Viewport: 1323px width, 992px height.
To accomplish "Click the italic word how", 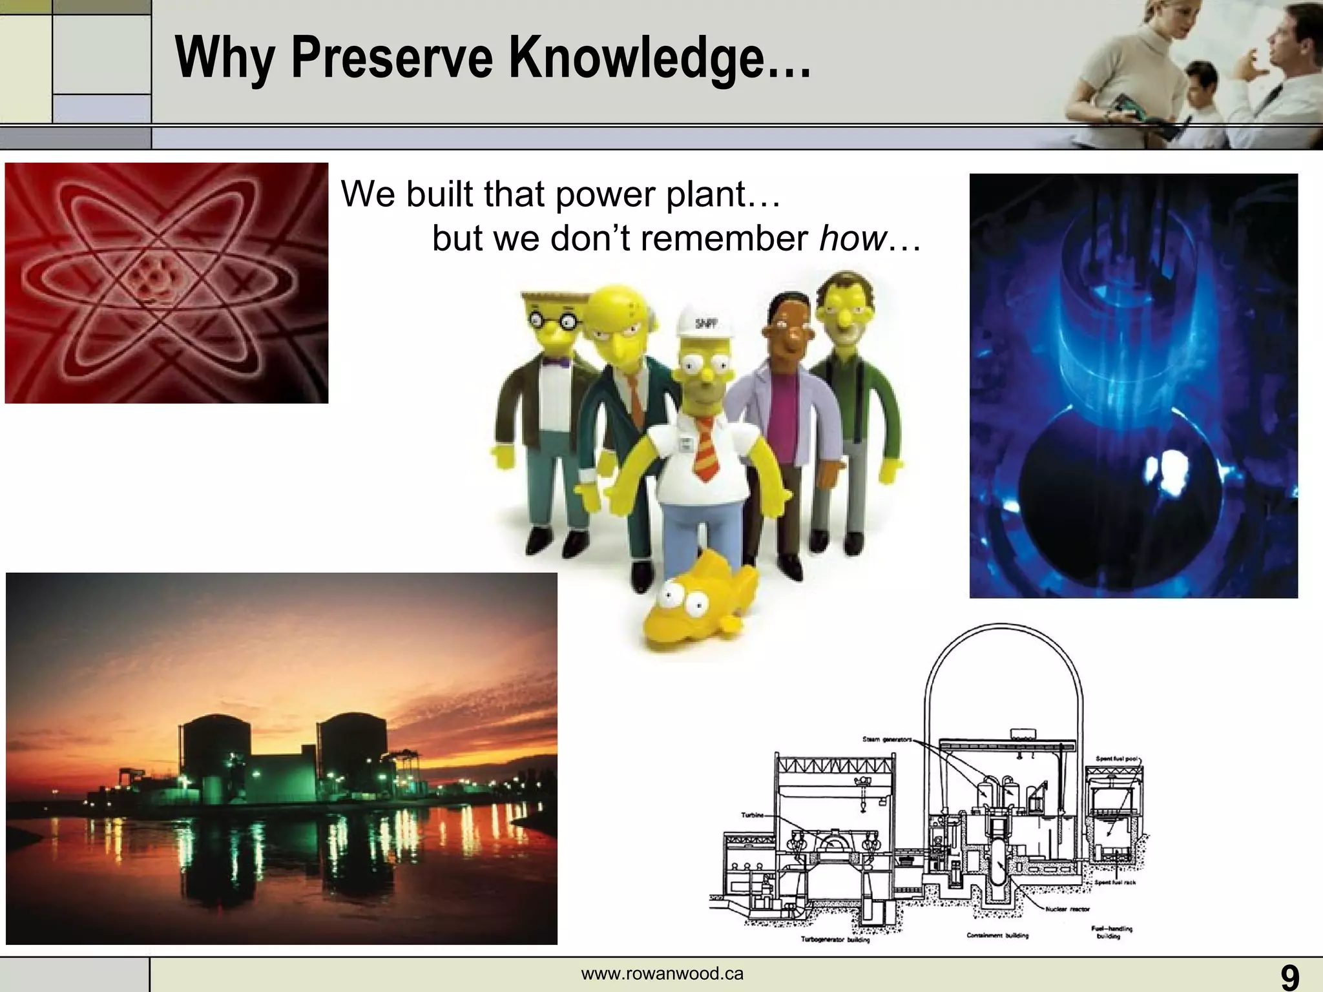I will (x=851, y=238).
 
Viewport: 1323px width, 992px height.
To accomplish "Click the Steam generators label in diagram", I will (x=886, y=739).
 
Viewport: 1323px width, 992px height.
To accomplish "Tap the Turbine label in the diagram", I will (x=752, y=815).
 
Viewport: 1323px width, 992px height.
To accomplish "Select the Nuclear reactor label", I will (x=1067, y=909).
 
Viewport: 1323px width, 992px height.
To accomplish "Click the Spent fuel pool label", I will (x=1118, y=759).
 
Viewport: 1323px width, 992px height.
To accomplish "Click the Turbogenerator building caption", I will (x=835, y=940).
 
